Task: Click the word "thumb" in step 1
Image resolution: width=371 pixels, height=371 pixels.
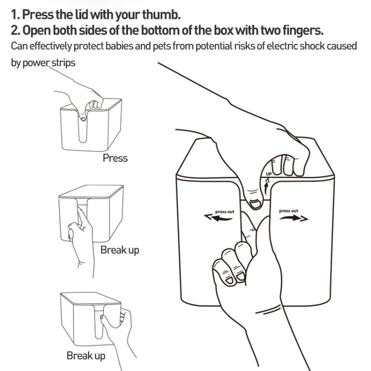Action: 161,14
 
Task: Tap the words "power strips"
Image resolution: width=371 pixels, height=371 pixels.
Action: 49,63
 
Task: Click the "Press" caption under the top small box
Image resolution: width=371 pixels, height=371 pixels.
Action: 115,158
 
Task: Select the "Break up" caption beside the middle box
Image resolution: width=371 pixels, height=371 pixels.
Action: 120,250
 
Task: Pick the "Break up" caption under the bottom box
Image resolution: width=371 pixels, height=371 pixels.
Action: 86,356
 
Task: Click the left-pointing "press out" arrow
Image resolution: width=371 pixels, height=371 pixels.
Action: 218,218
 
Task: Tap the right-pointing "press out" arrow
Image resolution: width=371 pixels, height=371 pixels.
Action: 294,218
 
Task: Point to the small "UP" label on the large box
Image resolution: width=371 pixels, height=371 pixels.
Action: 269,174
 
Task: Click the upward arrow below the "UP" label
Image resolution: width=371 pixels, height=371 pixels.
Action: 267,186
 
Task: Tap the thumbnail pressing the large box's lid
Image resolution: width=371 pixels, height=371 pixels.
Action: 255,204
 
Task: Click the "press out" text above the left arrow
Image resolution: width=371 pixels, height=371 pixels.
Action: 225,212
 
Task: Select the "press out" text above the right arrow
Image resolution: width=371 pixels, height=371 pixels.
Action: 288,211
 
